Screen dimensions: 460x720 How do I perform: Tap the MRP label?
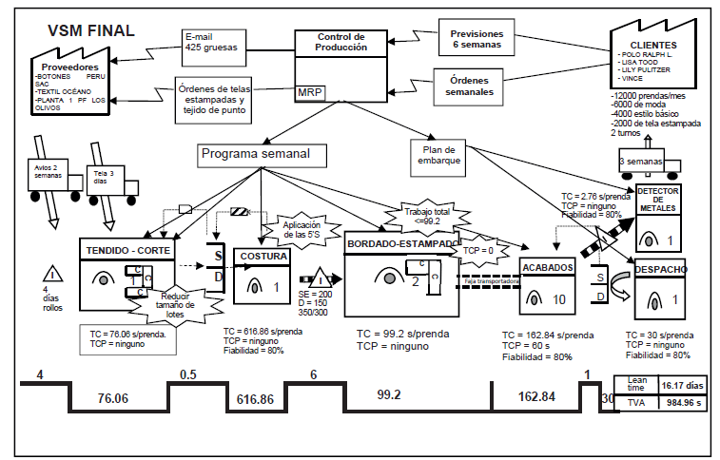coord(309,92)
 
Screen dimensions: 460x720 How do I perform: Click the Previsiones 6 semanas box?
coord(482,39)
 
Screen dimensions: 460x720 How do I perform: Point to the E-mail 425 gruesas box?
coord(214,41)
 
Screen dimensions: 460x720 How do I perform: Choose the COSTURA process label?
coord(263,256)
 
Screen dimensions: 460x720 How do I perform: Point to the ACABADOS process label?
coord(546,269)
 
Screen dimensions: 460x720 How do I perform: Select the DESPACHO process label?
coord(661,269)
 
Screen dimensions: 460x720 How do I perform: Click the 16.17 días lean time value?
coord(685,386)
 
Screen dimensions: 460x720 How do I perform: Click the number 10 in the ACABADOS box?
coord(558,298)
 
